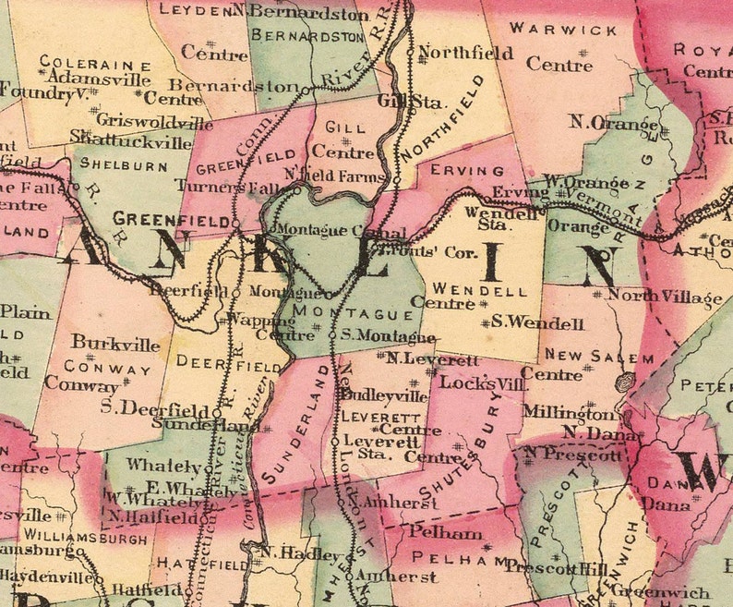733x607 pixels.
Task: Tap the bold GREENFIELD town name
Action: tap(171, 220)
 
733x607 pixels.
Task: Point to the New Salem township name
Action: tap(579, 355)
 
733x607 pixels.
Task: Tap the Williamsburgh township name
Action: tap(86, 536)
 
